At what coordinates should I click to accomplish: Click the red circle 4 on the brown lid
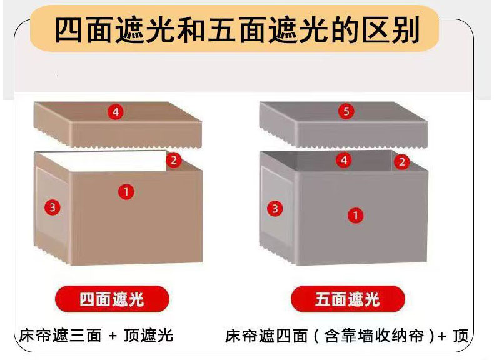[x=116, y=111]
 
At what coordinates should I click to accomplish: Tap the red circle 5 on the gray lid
[x=346, y=111]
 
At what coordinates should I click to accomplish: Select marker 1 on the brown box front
[x=126, y=191]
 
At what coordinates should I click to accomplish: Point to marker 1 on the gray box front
[x=355, y=216]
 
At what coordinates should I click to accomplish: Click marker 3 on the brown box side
[x=53, y=207]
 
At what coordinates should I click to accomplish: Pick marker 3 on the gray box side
[x=275, y=208]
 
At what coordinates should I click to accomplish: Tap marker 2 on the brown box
[x=174, y=161]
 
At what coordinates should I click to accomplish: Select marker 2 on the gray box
[x=401, y=162]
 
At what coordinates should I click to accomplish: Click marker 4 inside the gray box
[x=344, y=160]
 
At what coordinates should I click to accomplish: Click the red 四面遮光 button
[x=112, y=299]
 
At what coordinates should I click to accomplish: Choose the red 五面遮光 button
[x=348, y=299]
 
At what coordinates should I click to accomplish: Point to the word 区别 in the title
[x=390, y=30]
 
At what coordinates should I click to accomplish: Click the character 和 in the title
[x=190, y=30]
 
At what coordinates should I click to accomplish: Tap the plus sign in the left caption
[x=112, y=336]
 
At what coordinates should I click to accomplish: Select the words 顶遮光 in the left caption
[x=148, y=336]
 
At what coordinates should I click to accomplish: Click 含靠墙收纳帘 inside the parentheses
[x=374, y=336]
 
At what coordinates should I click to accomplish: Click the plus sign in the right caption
[x=442, y=336]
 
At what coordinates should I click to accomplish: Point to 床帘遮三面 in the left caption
[x=60, y=336]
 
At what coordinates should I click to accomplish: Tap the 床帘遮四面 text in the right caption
[x=266, y=336]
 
